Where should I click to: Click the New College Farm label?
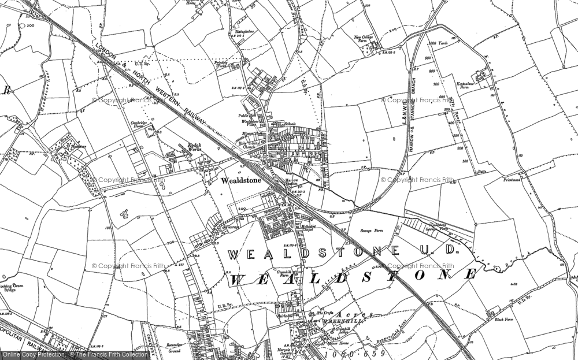[365, 40]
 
